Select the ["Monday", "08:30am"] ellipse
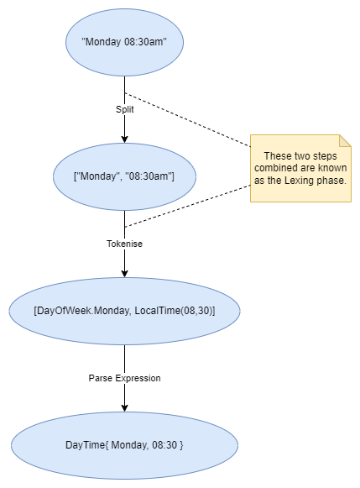tap(125, 176)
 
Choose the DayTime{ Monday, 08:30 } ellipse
tap(124, 444)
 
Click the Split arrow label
tap(125, 109)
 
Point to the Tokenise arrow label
tap(124, 244)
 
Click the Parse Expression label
tap(124, 378)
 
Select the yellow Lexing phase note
tap(300, 168)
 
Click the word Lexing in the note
tap(305, 181)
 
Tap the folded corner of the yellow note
tap(344, 141)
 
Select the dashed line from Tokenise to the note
tap(187, 206)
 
